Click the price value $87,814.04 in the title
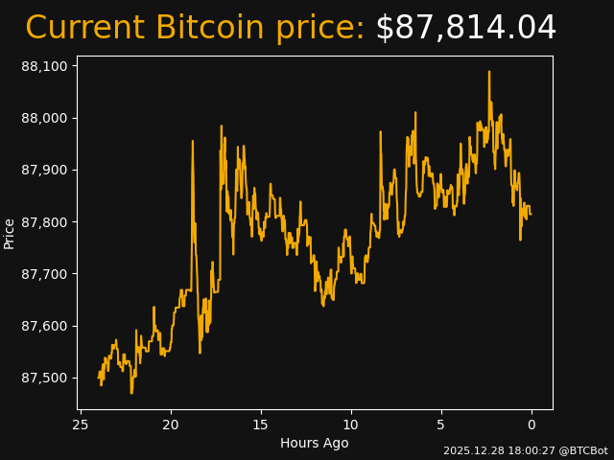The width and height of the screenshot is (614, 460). pyautogui.click(x=465, y=28)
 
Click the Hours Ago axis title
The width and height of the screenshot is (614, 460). pyautogui.click(x=314, y=443)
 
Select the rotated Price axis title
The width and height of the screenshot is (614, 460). pyautogui.click(x=10, y=233)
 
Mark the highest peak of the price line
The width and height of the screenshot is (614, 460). pyautogui.click(x=488, y=71)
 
